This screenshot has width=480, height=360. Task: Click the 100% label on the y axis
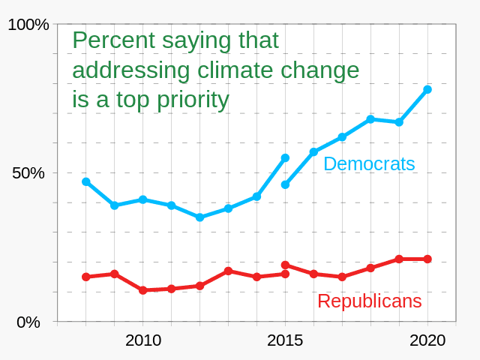pyautogui.click(x=28, y=25)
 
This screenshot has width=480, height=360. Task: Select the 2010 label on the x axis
pyautogui.click(x=143, y=340)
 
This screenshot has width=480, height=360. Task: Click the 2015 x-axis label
pyautogui.click(x=285, y=340)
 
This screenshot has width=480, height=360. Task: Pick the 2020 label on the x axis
pyautogui.click(x=427, y=340)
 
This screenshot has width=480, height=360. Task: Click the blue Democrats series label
pyautogui.click(x=369, y=163)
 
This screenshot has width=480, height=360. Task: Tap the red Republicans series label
pyautogui.click(x=369, y=301)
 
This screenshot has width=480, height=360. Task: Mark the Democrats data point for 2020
pyautogui.click(x=427, y=89)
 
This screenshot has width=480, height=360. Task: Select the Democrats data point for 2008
pyautogui.click(x=86, y=181)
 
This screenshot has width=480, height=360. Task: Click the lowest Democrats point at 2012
pyautogui.click(x=199, y=217)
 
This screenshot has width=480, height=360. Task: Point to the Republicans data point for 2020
pyautogui.click(x=427, y=259)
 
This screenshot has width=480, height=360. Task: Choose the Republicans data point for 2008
pyautogui.click(x=86, y=277)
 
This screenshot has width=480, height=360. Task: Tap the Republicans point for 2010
pyautogui.click(x=142, y=290)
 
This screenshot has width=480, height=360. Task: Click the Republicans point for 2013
pyautogui.click(x=228, y=271)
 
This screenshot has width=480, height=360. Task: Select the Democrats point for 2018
pyautogui.click(x=370, y=119)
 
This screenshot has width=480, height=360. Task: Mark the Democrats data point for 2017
pyautogui.click(x=342, y=136)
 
